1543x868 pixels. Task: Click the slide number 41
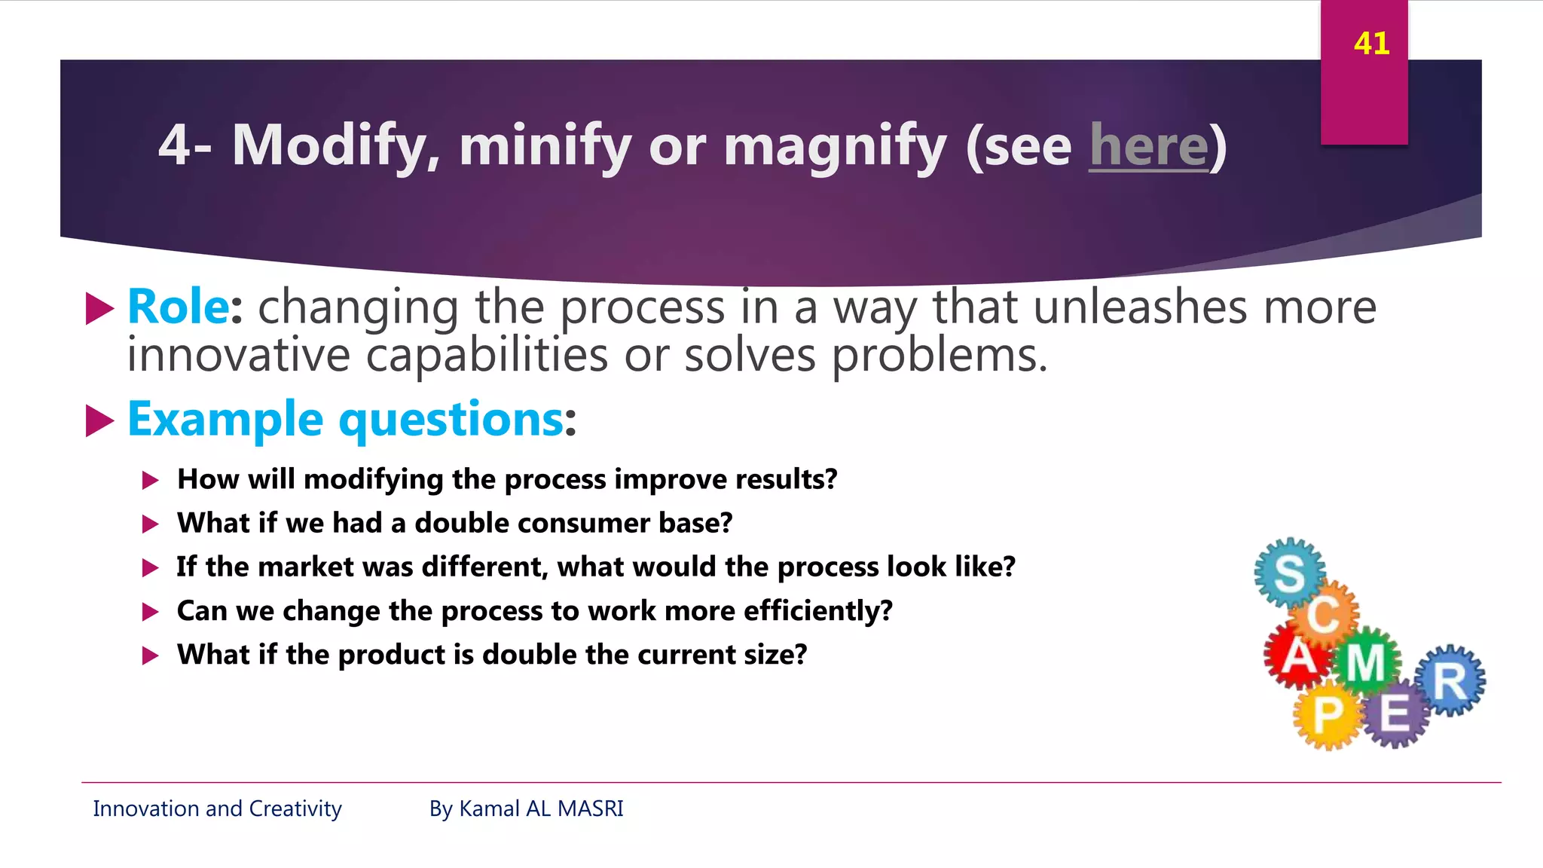(1371, 44)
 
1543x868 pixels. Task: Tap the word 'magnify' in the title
(835, 146)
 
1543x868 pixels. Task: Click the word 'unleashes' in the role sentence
(1140, 307)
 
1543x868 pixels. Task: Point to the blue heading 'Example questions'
(346, 419)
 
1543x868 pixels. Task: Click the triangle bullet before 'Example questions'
(99, 420)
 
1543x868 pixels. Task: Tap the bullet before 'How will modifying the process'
(151, 481)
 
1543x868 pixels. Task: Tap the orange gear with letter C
(1324, 614)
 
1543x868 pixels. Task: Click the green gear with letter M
(1366, 662)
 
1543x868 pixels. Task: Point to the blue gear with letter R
(1450, 680)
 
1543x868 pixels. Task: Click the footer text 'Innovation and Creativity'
(217, 808)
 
